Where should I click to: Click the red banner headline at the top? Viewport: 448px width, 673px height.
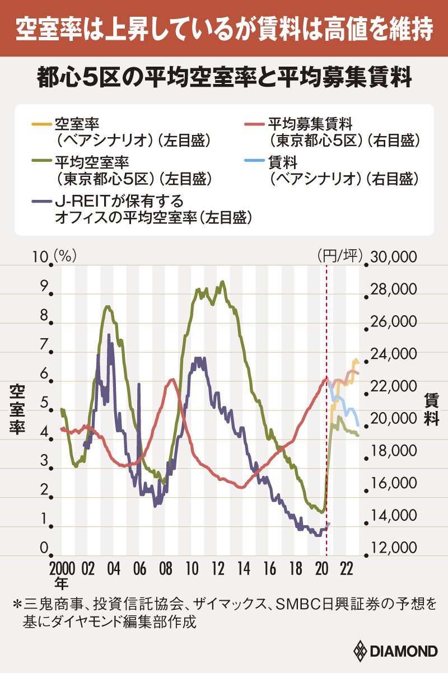tap(224, 29)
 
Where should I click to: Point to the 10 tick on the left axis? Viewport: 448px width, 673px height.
tap(43, 257)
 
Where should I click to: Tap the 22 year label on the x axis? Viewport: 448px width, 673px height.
tap(346, 568)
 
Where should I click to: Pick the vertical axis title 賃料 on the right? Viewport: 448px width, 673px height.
tap(431, 409)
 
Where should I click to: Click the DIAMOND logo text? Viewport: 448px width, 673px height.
tap(403, 652)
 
